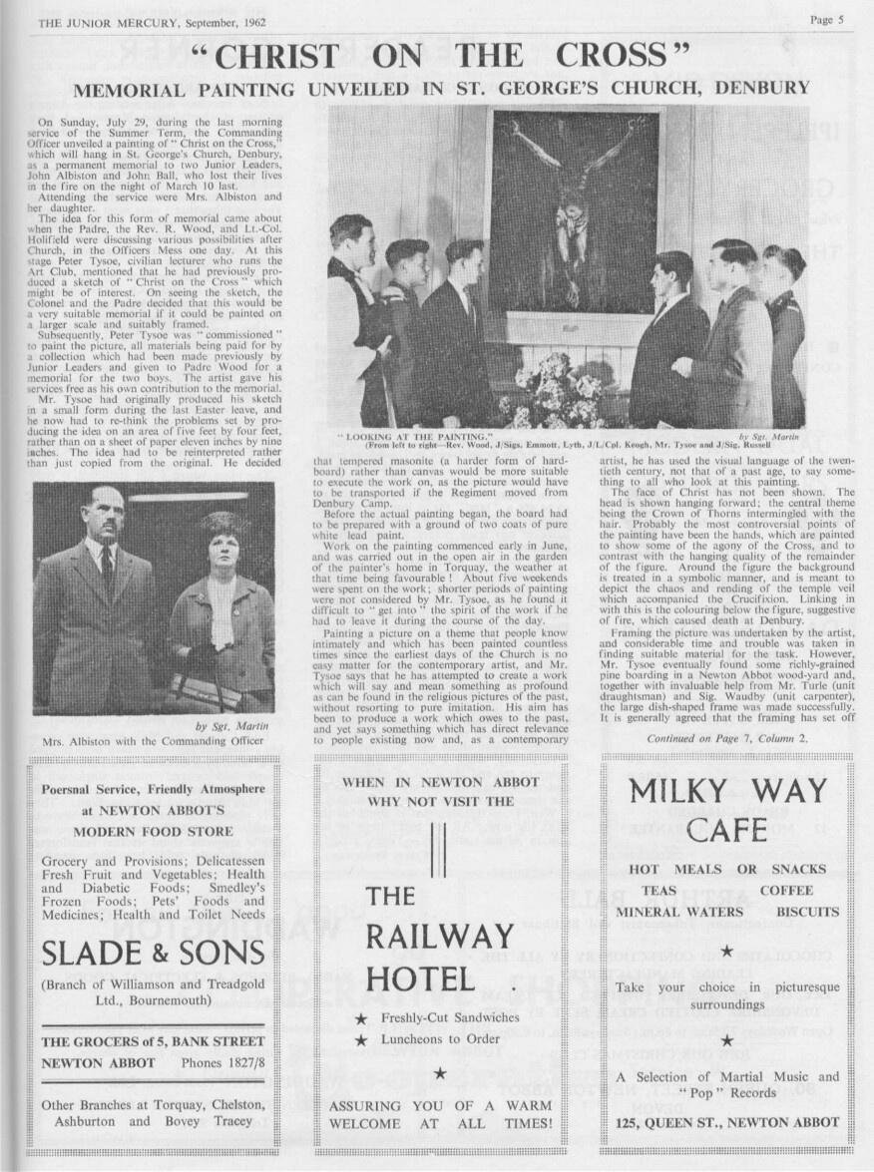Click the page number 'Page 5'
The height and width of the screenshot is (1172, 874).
click(827, 18)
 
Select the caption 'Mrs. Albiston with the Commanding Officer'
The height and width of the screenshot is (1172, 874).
click(155, 742)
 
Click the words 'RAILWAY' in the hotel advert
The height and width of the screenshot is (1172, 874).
click(440, 937)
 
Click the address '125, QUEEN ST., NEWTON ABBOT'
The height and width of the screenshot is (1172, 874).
click(727, 1121)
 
